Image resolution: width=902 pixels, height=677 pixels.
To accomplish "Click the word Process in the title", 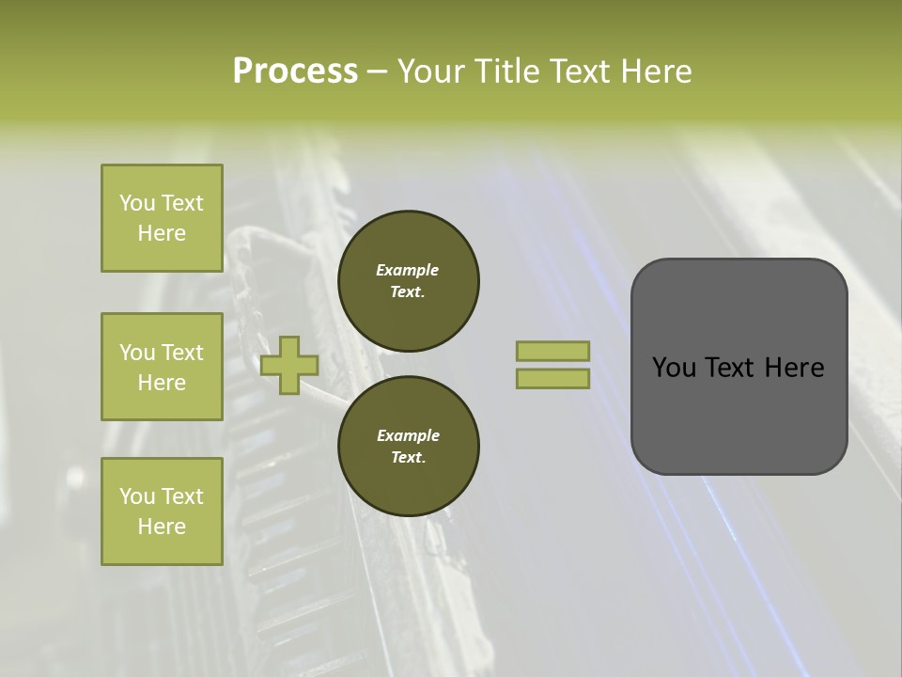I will coord(295,71).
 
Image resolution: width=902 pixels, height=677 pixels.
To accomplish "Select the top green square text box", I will coord(162,218).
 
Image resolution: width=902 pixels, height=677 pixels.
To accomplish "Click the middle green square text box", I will coord(162,367).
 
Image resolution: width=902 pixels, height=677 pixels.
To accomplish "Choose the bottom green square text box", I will coord(162,512).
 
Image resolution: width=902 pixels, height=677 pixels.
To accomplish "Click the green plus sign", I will coord(289,365).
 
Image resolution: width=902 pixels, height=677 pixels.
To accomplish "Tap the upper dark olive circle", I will coord(409,281).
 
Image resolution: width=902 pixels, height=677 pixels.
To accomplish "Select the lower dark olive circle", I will coord(409,447).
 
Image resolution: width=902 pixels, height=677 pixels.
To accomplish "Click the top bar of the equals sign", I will coord(553,351).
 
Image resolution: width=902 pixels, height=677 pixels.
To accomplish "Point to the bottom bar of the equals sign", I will coord(553,378).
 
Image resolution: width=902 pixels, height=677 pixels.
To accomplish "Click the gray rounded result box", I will coord(739,367).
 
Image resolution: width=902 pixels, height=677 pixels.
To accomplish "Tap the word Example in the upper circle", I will coord(408,270).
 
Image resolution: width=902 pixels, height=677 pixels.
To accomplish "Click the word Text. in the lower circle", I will coord(408,458).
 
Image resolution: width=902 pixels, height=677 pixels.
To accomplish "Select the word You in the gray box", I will coord(673,368).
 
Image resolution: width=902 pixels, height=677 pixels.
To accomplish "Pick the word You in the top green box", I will coord(137,203).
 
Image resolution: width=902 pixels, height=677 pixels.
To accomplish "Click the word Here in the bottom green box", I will coord(162,527).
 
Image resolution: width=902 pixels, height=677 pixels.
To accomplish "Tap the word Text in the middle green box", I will coord(182,353).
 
